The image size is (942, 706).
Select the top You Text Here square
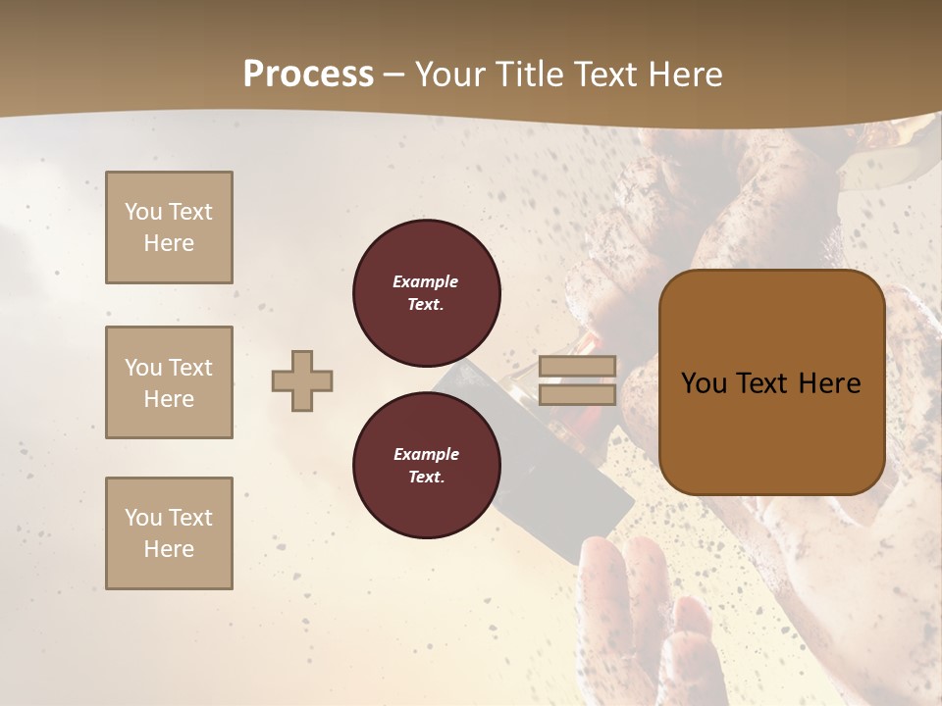(x=169, y=227)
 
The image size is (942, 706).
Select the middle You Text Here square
(x=169, y=382)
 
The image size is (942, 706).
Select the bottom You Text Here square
(x=169, y=533)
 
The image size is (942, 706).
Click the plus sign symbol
(x=302, y=381)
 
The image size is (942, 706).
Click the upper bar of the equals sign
(x=577, y=368)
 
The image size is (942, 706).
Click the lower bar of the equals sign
(x=577, y=395)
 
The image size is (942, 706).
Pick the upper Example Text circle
(x=426, y=293)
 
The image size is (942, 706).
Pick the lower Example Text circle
(x=426, y=466)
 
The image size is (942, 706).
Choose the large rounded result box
(x=771, y=382)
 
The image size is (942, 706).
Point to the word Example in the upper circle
(x=426, y=282)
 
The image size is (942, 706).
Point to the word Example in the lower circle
(x=426, y=455)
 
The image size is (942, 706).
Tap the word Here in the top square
(x=169, y=243)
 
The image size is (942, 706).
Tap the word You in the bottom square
(x=143, y=518)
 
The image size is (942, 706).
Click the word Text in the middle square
(x=190, y=368)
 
